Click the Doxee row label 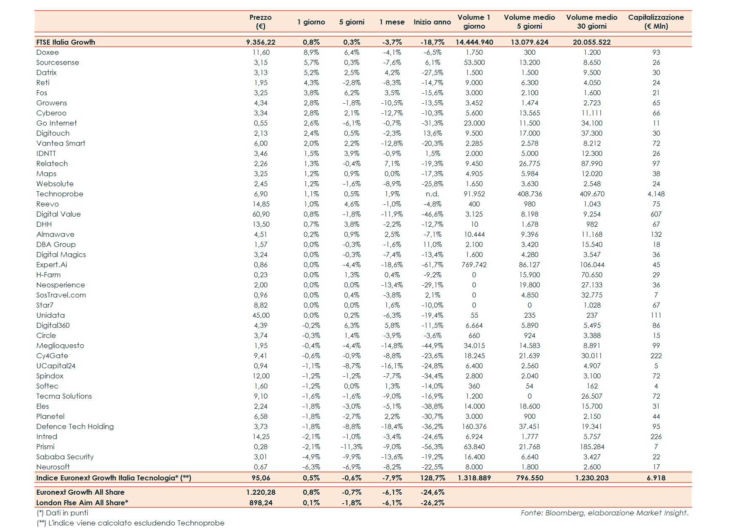pyautogui.click(x=48, y=52)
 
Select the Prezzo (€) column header pyautogui.click(x=260, y=21)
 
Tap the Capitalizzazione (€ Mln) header pyautogui.click(x=655, y=21)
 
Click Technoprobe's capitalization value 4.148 pyautogui.click(x=656, y=194)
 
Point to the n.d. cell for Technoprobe pyautogui.click(x=432, y=194)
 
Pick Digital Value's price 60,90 pyautogui.click(x=261, y=214)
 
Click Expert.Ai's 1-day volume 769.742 pyautogui.click(x=474, y=265)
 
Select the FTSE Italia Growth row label pyautogui.click(x=66, y=42)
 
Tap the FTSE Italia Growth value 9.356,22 pyautogui.click(x=261, y=42)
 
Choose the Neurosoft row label pyautogui.click(x=53, y=467)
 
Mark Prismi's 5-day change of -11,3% pyautogui.click(x=351, y=447)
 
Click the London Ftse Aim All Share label pyautogui.click(x=82, y=503)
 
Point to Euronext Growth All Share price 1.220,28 pyautogui.click(x=261, y=492)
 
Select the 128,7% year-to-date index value pyautogui.click(x=433, y=478)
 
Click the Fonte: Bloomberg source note pyautogui.click(x=604, y=513)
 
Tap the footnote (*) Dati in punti pyautogui.click(x=62, y=513)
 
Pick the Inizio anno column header pyautogui.click(x=432, y=22)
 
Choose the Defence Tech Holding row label pyautogui.click(x=75, y=426)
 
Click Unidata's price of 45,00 pyautogui.click(x=261, y=315)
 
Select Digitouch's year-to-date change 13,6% pyautogui.click(x=432, y=133)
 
